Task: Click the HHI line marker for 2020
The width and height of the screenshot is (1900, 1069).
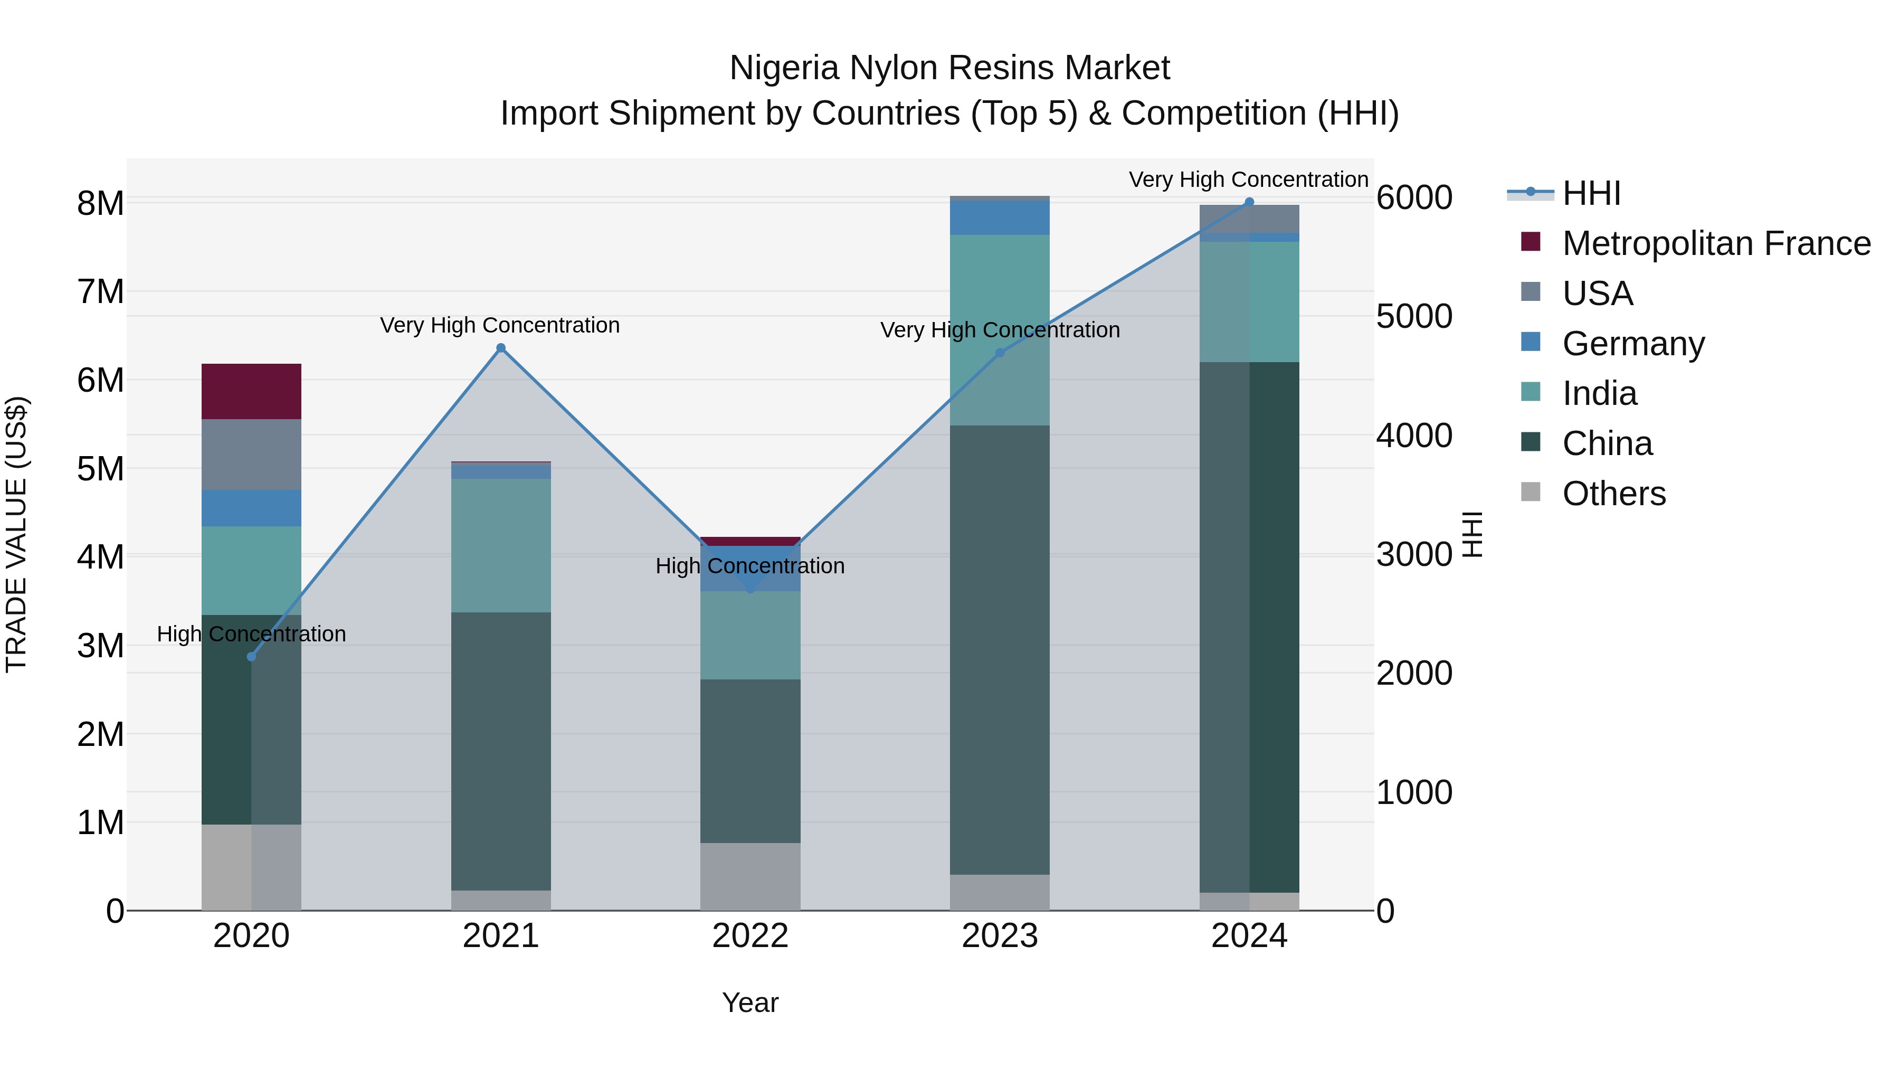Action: click(252, 657)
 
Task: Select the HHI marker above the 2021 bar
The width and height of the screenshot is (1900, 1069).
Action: click(501, 348)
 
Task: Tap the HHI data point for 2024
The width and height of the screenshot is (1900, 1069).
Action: click(1249, 202)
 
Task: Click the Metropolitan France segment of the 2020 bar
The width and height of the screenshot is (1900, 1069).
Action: click(252, 392)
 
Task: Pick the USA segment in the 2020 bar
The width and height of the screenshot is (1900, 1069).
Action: click(252, 455)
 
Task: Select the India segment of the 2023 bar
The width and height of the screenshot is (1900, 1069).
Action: click(1000, 330)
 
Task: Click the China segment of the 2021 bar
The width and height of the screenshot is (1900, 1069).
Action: click(501, 751)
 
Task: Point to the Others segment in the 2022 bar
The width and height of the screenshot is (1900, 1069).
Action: click(750, 876)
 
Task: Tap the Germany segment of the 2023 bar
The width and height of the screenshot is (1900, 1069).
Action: click(1000, 217)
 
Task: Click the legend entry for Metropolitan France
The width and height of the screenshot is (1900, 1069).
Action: click(1716, 243)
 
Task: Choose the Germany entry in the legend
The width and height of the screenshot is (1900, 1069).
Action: click(1633, 344)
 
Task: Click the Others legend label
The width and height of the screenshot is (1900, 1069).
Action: click(1614, 494)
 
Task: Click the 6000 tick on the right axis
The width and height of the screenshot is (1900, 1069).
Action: click(1414, 198)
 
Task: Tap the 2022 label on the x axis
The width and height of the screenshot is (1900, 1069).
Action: click(750, 936)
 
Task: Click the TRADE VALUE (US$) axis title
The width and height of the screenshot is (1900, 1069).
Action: click(16, 534)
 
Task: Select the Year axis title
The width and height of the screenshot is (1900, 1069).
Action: click(750, 1002)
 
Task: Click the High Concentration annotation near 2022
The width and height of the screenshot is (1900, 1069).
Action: click(750, 566)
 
